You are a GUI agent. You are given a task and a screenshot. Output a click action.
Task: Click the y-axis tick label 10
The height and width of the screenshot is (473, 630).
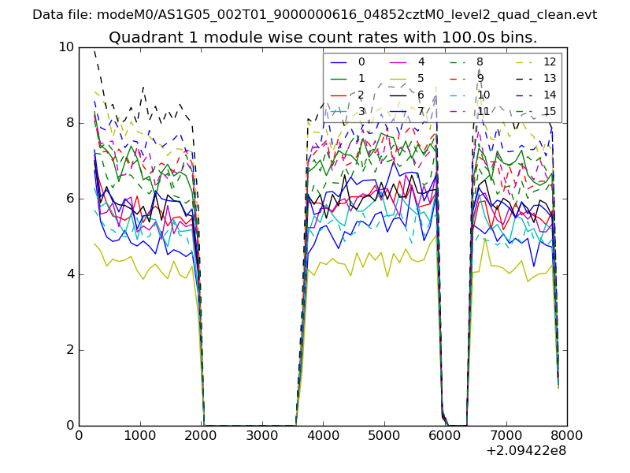tap(65, 47)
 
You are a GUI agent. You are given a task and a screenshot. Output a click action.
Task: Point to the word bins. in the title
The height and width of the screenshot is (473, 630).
tap(519, 37)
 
